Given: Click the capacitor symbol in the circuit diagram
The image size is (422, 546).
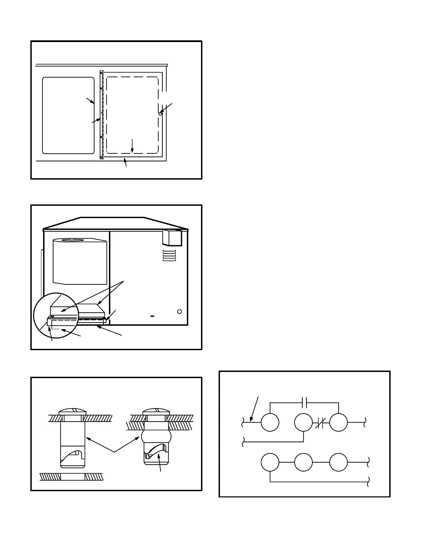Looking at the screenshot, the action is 304,402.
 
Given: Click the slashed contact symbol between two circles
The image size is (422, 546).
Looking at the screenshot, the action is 320,423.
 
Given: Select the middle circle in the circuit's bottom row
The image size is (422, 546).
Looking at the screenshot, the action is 303,462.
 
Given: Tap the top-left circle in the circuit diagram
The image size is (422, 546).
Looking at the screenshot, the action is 270,422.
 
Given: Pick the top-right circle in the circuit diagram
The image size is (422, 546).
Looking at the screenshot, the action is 339,422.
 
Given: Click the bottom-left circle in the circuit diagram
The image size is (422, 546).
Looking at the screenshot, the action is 270,462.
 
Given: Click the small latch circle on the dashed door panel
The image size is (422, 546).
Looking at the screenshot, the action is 160,114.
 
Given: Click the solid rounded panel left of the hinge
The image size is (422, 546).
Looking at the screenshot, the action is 68,115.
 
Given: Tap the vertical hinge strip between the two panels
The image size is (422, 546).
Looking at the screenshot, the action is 102,115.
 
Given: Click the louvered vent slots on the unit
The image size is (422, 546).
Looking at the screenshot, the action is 169,255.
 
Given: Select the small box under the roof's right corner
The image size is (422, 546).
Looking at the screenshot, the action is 172,237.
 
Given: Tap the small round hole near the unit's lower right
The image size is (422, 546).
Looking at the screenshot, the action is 179,312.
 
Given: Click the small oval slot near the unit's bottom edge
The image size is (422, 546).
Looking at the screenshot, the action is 152,315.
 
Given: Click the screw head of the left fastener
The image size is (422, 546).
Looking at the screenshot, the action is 72,412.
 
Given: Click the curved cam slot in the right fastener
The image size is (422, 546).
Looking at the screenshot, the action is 156,450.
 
